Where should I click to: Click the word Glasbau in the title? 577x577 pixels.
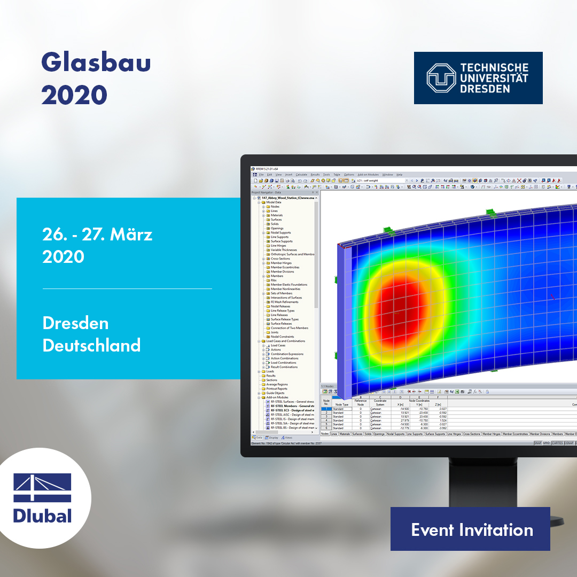tap(96, 63)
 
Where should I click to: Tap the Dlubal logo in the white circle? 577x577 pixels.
tap(42, 498)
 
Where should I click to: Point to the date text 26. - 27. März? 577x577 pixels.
tap(97, 235)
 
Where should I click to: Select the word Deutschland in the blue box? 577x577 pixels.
tap(91, 345)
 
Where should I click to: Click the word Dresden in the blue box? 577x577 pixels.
tap(75, 323)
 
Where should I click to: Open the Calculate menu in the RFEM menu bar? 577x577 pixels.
tap(301, 175)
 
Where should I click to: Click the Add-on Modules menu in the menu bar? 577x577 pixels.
tap(368, 175)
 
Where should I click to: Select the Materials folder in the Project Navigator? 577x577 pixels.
tap(277, 215)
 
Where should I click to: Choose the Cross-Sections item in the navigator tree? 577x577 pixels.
tap(280, 259)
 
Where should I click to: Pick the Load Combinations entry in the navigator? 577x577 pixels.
tap(283, 363)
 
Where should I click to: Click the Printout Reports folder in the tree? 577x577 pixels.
tap(277, 388)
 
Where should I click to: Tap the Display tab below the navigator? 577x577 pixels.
tap(273, 438)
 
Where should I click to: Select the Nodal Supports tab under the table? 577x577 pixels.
tap(396, 434)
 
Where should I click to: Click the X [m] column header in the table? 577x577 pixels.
tap(400, 404)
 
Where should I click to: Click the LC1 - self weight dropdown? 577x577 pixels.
tap(374, 181)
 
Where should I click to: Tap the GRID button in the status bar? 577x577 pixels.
tap(547, 443)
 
